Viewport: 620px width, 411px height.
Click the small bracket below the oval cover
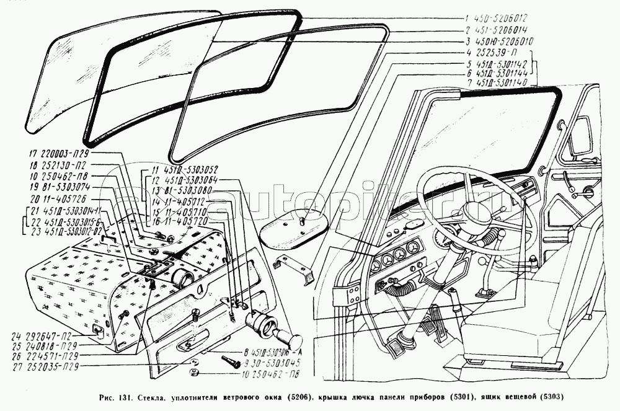[294, 267]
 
